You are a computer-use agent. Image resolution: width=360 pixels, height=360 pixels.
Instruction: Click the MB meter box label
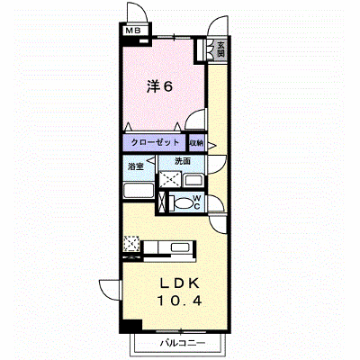coord(133,31)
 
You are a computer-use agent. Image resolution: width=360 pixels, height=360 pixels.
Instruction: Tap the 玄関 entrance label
coord(220,49)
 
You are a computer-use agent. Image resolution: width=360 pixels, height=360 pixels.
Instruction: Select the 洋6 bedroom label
coord(160,86)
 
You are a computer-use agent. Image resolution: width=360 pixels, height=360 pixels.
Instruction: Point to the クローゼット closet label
coord(155,142)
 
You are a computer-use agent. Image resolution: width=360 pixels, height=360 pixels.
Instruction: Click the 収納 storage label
coord(196,143)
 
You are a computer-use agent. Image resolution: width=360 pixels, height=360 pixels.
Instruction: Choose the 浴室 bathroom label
coord(136,166)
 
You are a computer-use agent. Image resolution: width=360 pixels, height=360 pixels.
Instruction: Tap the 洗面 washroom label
coord(183,161)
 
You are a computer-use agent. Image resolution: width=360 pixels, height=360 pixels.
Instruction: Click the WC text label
coord(196,202)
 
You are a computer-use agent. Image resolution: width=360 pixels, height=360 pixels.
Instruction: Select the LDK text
coord(180,283)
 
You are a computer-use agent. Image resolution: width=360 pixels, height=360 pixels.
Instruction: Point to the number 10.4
coord(179,301)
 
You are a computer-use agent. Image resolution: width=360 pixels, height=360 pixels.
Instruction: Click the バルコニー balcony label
coord(183,343)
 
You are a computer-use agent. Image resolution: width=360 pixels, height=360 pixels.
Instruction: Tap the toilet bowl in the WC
coord(181,203)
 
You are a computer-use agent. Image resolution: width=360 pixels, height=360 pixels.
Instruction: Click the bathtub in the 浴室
coord(139,190)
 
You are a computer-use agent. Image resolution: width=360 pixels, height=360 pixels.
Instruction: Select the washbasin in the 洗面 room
coord(193,180)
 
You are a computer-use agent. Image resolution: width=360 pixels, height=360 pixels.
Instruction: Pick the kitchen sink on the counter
coord(180,247)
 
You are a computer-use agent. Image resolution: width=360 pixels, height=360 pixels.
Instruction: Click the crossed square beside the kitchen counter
coord(131,243)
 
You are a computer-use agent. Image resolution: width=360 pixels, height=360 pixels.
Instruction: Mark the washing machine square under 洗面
coord(170,179)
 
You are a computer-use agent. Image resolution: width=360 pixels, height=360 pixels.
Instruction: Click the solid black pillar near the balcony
coord(130,326)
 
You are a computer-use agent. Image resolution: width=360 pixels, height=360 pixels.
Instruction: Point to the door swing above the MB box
coord(138,12)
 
